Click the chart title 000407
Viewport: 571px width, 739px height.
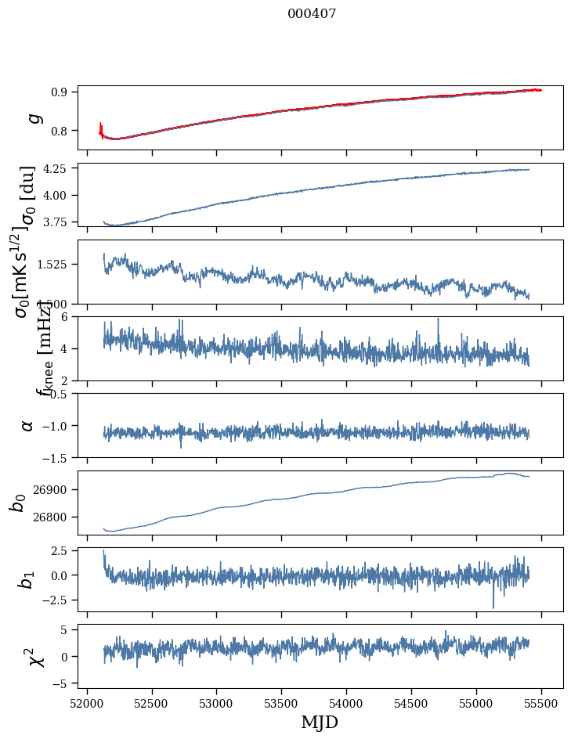pos(312,13)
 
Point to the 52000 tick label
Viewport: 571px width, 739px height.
pos(87,703)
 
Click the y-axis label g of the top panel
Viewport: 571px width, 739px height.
pos(33,118)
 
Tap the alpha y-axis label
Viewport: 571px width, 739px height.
pos(28,425)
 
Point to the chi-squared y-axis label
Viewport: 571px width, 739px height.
pos(36,656)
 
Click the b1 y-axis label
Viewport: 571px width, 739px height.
pos(27,579)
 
